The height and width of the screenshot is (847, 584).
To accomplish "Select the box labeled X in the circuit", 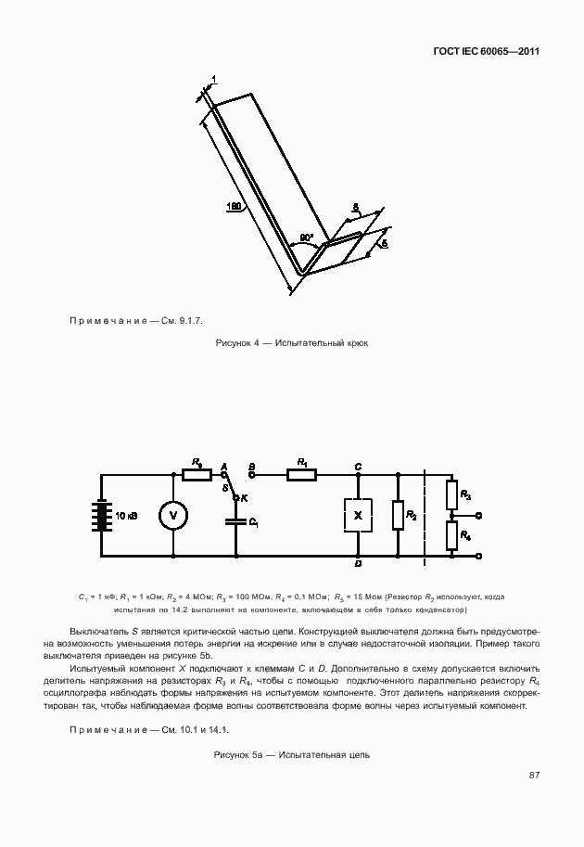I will [358, 515].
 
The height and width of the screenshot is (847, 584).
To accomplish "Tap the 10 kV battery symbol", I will [99, 516].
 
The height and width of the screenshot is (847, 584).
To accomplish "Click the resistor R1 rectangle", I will [302, 475].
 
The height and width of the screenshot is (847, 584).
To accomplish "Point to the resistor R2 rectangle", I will [398, 516].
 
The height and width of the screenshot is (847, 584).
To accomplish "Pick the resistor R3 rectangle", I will [451, 493].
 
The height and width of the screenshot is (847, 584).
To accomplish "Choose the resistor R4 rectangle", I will [451, 536].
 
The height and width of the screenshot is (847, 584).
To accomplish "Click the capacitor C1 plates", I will [236, 520].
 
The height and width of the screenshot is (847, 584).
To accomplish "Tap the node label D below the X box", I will [358, 564].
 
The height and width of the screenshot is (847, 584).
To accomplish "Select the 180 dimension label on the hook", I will [235, 206].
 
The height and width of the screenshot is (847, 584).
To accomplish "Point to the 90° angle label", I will [306, 238].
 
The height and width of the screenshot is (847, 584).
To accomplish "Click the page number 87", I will [534, 775].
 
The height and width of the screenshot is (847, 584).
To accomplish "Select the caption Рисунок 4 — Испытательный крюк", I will [292, 343].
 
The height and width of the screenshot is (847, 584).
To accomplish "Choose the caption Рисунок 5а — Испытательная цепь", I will [292, 754].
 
